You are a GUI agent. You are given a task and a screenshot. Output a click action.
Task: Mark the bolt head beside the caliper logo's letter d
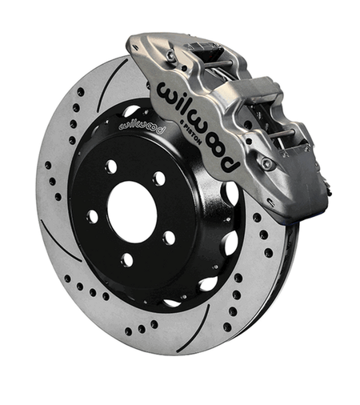coord(267,164)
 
